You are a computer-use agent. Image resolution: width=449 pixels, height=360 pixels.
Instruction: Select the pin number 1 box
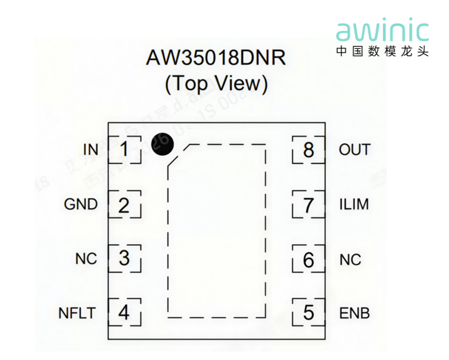click(x=124, y=149)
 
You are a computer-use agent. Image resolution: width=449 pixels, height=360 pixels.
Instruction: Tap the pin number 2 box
click(x=124, y=204)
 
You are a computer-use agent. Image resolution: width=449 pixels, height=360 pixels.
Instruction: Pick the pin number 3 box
click(x=124, y=258)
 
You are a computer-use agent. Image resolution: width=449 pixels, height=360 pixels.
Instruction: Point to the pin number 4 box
click(x=124, y=313)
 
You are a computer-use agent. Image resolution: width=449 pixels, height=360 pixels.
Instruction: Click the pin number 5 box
click(x=308, y=313)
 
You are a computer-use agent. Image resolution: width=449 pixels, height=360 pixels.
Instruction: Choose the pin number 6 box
click(x=308, y=259)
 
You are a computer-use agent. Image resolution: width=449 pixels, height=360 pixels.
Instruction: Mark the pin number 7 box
click(x=308, y=205)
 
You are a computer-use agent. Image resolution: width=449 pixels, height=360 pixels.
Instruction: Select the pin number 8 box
click(x=308, y=150)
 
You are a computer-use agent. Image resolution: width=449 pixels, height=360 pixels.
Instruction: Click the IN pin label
click(x=91, y=150)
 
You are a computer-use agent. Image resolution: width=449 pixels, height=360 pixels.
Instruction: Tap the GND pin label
click(x=81, y=204)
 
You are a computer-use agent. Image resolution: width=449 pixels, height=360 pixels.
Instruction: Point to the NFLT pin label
click(x=77, y=313)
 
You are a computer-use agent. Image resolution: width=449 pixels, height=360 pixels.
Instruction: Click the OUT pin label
click(x=354, y=150)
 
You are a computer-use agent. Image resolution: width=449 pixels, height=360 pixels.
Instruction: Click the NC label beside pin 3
click(x=86, y=259)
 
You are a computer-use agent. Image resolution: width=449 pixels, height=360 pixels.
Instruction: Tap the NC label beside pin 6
click(x=350, y=259)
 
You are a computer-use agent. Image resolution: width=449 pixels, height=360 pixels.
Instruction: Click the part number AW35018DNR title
click(x=216, y=58)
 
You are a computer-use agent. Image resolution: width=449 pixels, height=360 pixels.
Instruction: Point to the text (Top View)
click(x=216, y=84)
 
